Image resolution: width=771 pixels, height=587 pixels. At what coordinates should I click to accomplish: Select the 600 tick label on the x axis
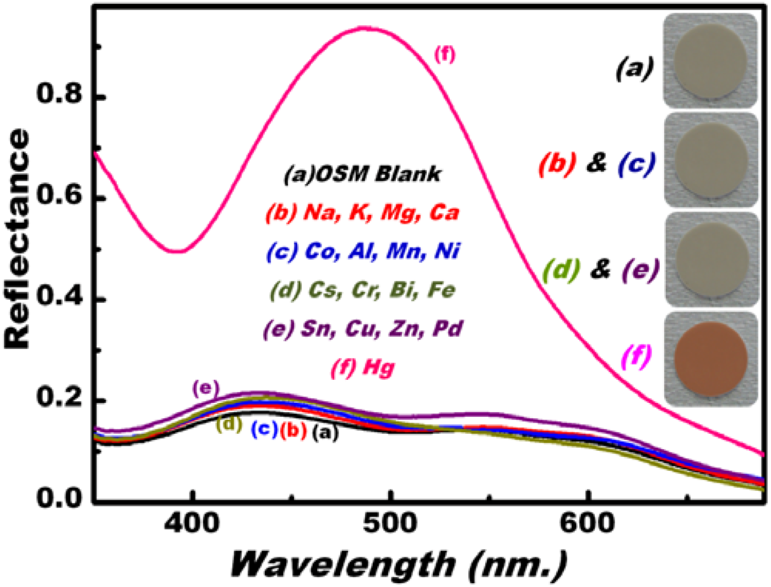pos(587,522)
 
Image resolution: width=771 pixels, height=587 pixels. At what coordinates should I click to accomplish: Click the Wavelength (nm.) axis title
pos(398,564)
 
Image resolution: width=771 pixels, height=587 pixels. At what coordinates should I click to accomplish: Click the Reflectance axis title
pos(17,239)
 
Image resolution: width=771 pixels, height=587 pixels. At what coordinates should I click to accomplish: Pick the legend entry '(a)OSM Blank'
pos(362,174)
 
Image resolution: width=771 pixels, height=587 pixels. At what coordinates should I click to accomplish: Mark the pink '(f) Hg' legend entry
pos(363,368)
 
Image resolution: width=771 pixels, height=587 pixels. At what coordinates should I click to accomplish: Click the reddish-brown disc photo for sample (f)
pos(710,359)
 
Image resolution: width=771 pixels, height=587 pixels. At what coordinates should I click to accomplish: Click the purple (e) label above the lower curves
pos(205,389)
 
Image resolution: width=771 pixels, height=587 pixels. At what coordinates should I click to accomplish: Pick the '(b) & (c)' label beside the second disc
pos(597,164)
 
